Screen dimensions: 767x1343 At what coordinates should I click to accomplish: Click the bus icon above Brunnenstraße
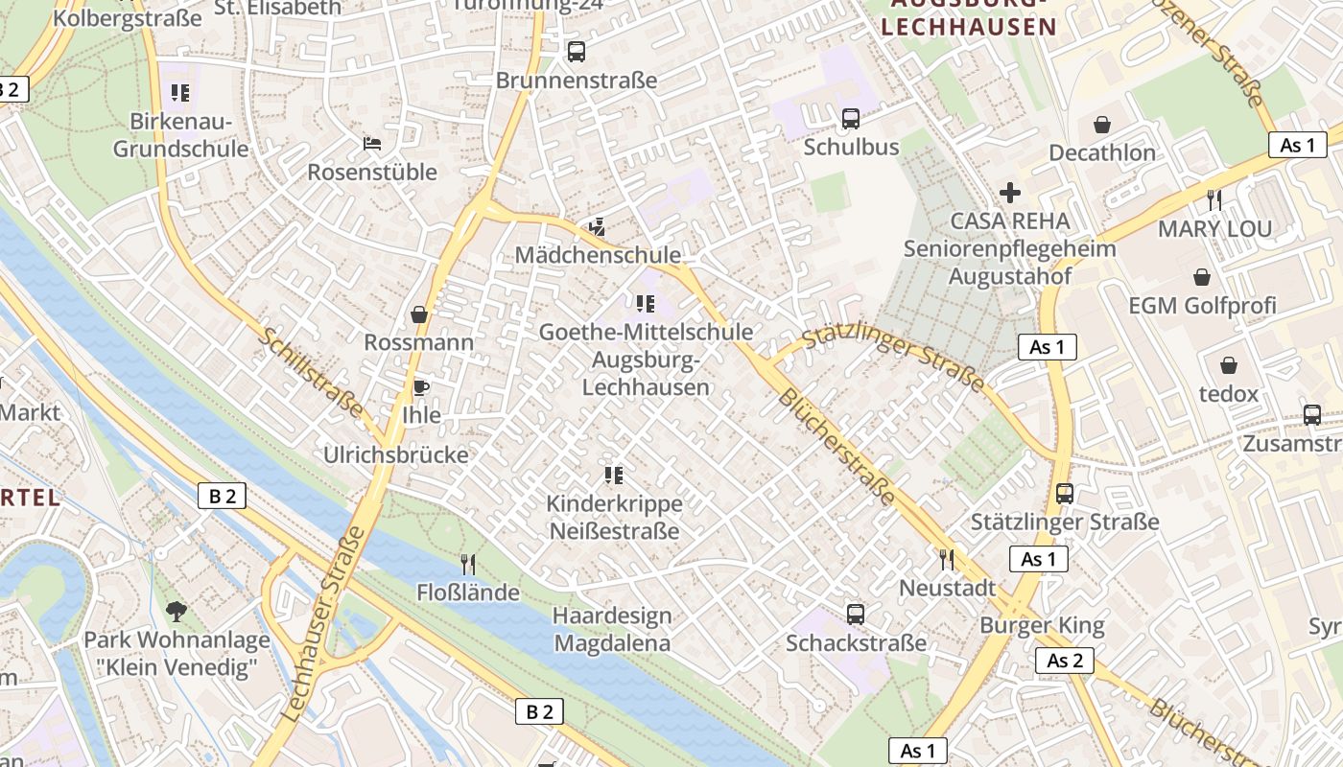[576, 52]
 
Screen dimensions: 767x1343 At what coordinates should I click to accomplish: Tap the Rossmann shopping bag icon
[419, 314]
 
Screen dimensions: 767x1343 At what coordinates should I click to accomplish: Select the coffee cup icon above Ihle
[419, 387]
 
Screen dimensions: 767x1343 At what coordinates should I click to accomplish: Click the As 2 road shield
[1064, 661]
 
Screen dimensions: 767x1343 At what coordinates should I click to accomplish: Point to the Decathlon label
[1101, 153]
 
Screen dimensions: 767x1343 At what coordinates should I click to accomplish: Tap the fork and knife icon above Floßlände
[468, 564]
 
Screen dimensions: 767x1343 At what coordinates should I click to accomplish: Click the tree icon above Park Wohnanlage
[176, 611]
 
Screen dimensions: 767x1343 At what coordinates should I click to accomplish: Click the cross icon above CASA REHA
[1009, 193]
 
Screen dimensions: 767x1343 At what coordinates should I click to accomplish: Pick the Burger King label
[1042, 626]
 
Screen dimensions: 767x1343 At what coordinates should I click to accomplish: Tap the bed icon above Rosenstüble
[372, 144]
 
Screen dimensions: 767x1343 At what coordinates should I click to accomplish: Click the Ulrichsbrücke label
[396, 454]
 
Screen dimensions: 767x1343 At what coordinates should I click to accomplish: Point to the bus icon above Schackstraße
[855, 614]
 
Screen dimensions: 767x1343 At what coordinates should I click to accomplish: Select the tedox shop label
[1228, 394]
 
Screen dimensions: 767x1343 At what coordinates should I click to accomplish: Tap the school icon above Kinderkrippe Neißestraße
[614, 476]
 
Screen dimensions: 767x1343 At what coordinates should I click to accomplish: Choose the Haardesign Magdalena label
[612, 629]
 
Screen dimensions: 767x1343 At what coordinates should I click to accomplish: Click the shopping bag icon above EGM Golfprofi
[1201, 277]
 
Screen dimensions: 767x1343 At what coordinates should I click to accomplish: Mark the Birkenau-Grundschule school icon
[180, 93]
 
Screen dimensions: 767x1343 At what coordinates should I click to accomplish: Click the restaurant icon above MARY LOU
[1214, 199]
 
